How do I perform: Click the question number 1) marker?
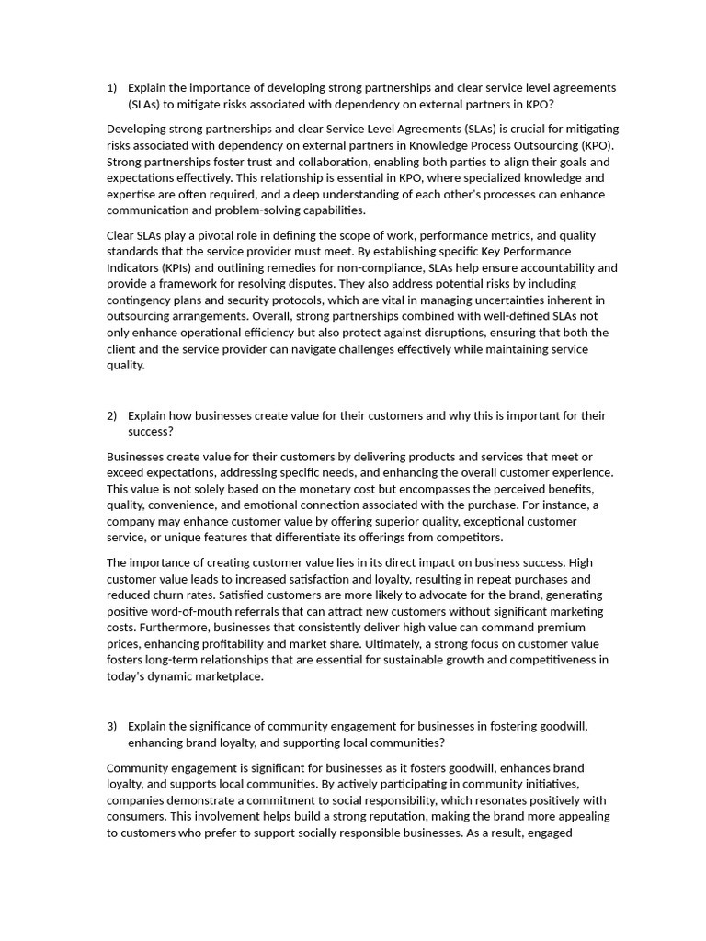(111, 88)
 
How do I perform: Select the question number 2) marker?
(111, 416)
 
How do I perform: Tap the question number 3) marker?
(111, 726)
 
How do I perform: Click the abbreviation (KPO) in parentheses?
(597, 145)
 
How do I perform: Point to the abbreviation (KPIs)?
(182, 267)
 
